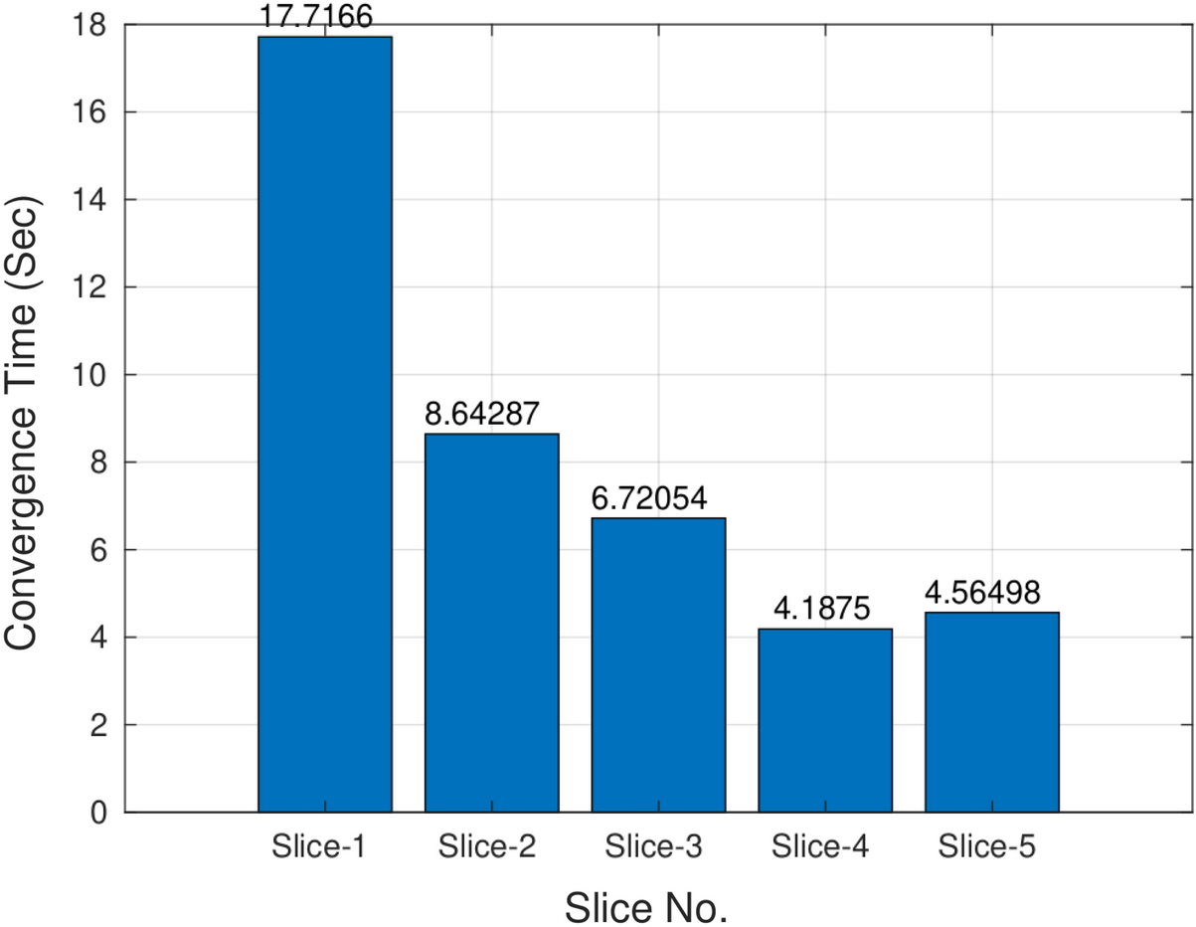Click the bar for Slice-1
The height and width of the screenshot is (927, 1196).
pos(325,425)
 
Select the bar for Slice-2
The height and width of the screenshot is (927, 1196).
pos(491,623)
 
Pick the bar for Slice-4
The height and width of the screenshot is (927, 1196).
pos(824,720)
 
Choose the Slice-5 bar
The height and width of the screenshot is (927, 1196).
pos(991,712)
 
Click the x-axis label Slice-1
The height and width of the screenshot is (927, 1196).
pos(318,848)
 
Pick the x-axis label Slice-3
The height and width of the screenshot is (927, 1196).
pos(653,848)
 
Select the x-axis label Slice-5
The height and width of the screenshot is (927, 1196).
pos(986,848)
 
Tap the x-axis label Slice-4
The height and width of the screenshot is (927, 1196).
pos(820,848)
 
